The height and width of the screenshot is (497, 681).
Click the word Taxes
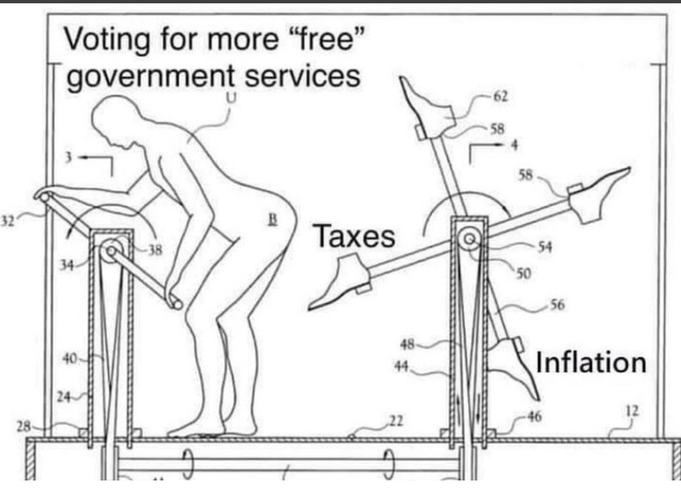coord(354,236)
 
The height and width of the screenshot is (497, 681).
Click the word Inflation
coord(591,362)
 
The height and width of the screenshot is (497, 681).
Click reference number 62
coord(500,96)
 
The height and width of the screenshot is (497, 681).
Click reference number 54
coord(545,248)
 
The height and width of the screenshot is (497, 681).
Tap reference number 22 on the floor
coord(396,420)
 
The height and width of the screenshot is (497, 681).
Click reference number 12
coord(631,410)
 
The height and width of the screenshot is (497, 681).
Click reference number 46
coord(534,416)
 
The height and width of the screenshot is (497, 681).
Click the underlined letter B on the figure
coord(273,219)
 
